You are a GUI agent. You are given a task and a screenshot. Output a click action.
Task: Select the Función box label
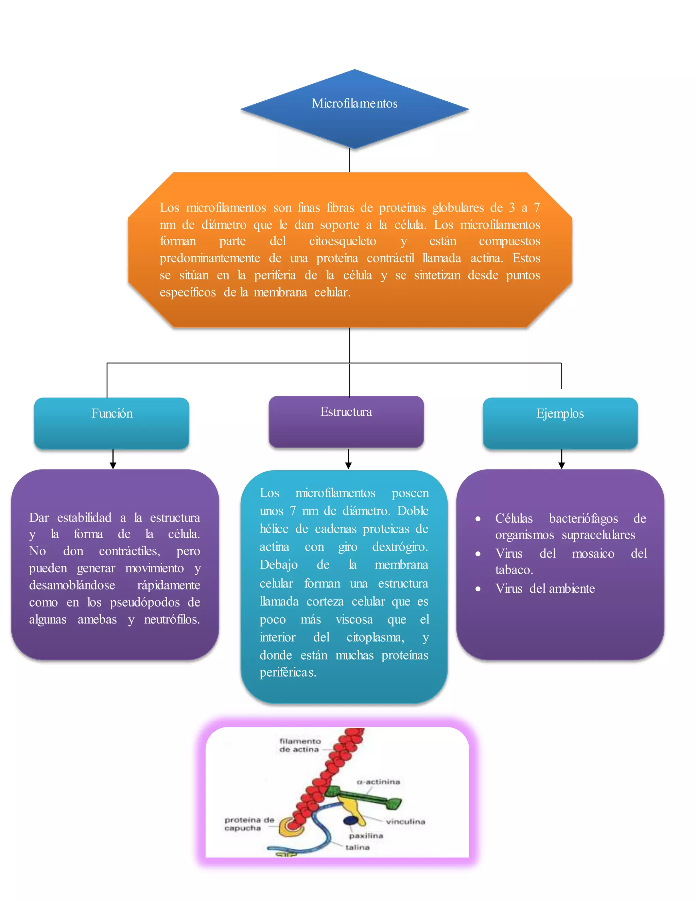point(112,413)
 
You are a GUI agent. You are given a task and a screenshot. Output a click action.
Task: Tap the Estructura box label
point(346,412)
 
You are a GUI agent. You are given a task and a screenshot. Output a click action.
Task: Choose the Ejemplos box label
point(560,413)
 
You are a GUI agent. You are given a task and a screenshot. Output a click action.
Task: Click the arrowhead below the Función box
point(113,465)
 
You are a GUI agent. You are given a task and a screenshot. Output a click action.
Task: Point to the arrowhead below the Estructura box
point(348,465)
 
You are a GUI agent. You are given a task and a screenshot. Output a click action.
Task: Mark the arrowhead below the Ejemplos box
point(561,465)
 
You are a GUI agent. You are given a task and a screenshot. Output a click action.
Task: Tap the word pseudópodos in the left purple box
point(145,602)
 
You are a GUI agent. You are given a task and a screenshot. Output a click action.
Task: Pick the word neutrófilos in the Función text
point(172,619)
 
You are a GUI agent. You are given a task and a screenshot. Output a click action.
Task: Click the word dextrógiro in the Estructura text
point(400,547)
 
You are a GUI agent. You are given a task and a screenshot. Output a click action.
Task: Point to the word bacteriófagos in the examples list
point(584,518)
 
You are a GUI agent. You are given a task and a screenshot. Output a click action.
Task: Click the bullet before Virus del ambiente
point(478,589)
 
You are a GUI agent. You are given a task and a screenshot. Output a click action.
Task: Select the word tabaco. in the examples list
point(514,570)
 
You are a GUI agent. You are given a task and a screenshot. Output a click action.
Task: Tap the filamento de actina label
point(300,745)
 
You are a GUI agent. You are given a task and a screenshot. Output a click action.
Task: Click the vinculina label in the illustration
point(405,821)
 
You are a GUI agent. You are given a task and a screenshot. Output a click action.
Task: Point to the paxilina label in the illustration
point(366,836)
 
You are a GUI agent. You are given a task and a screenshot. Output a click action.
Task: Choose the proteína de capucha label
point(249,824)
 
